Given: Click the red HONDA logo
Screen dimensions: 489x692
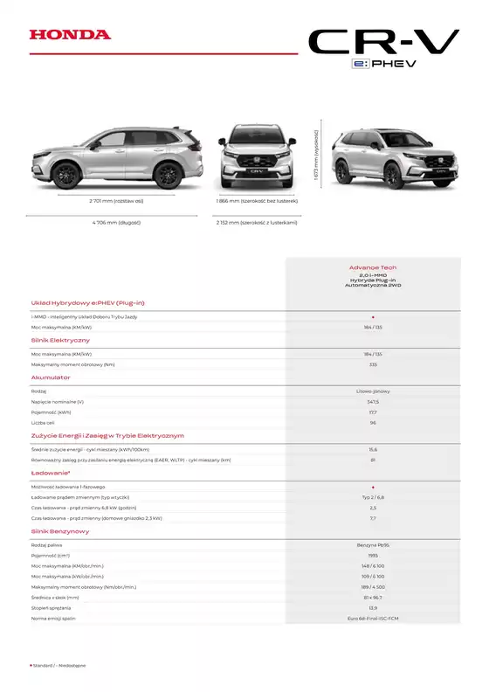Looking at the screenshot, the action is click(70, 35).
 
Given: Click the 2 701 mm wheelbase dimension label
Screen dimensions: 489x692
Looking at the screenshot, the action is click(116, 201).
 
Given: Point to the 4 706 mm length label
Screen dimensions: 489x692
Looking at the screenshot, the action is click(116, 223).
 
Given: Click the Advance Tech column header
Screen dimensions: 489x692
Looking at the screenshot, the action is click(372, 268).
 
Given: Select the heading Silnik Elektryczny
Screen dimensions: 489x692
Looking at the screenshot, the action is click(60, 340).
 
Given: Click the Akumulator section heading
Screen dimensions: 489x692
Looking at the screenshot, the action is click(51, 377).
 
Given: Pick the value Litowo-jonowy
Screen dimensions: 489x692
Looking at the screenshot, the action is click(372, 391).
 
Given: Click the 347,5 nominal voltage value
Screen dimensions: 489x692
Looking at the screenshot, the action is click(372, 401).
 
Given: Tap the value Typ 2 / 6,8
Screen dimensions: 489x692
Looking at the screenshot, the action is click(372, 496).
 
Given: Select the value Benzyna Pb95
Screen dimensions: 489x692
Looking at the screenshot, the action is click(372, 544).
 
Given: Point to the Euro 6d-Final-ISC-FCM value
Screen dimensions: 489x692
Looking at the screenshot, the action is click(372, 619).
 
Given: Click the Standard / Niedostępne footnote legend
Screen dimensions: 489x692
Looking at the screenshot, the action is click(58, 666).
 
